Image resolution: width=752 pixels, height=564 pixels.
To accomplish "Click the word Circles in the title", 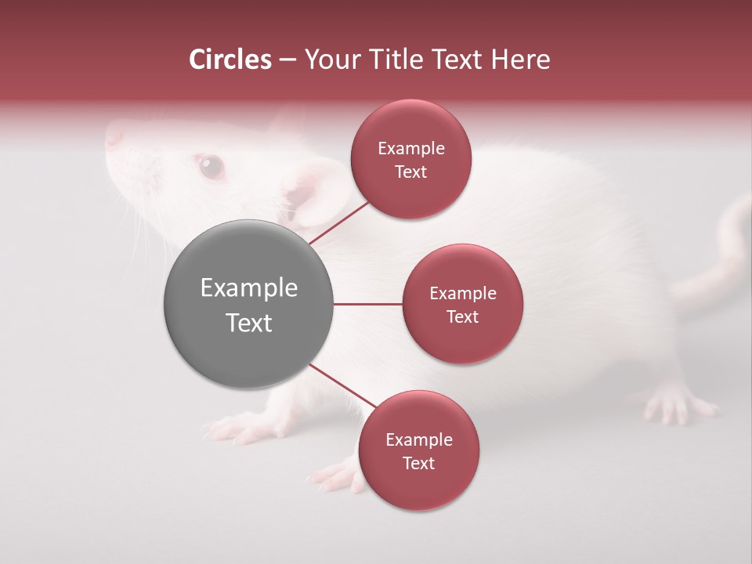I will click(x=230, y=60).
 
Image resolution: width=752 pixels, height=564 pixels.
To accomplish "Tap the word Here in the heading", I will click(x=520, y=60).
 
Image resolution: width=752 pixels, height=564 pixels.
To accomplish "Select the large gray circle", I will click(x=248, y=304).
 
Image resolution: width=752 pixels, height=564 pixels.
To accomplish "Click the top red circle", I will click(x=411, y=159).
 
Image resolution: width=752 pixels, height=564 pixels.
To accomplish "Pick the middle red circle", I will click(x=463, y=304).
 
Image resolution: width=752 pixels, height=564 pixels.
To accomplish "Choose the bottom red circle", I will click(x=418, y=450).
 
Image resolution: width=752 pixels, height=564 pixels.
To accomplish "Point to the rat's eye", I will click(x=210, y=165).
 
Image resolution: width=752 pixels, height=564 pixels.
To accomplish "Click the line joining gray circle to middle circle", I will click(x=367, y=304).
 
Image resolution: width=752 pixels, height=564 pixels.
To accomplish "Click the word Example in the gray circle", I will click(x=248, y=288).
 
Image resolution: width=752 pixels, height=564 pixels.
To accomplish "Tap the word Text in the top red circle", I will click(x=411, y=172).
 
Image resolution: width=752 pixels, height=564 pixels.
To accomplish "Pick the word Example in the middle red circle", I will click(x=463, y=293).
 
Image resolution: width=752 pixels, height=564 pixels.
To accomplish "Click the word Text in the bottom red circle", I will click(x=418, y=463).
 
